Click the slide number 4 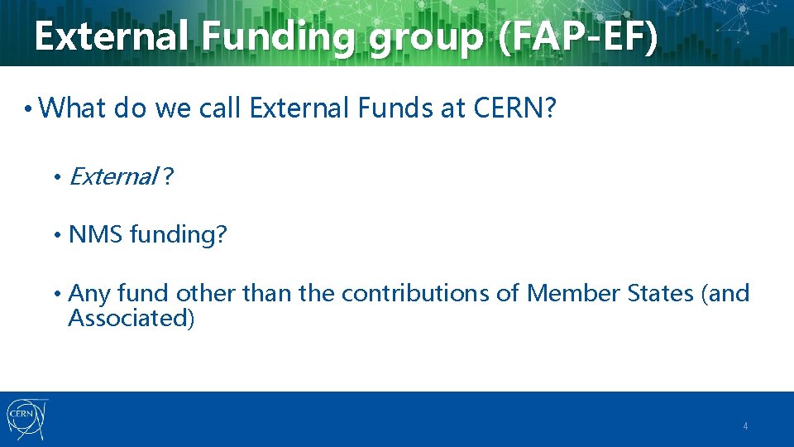745,427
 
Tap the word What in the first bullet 73,107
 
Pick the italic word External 113,176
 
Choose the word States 663,293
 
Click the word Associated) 131,317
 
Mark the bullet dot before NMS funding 57,236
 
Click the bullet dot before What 28,108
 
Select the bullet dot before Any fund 57,294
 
